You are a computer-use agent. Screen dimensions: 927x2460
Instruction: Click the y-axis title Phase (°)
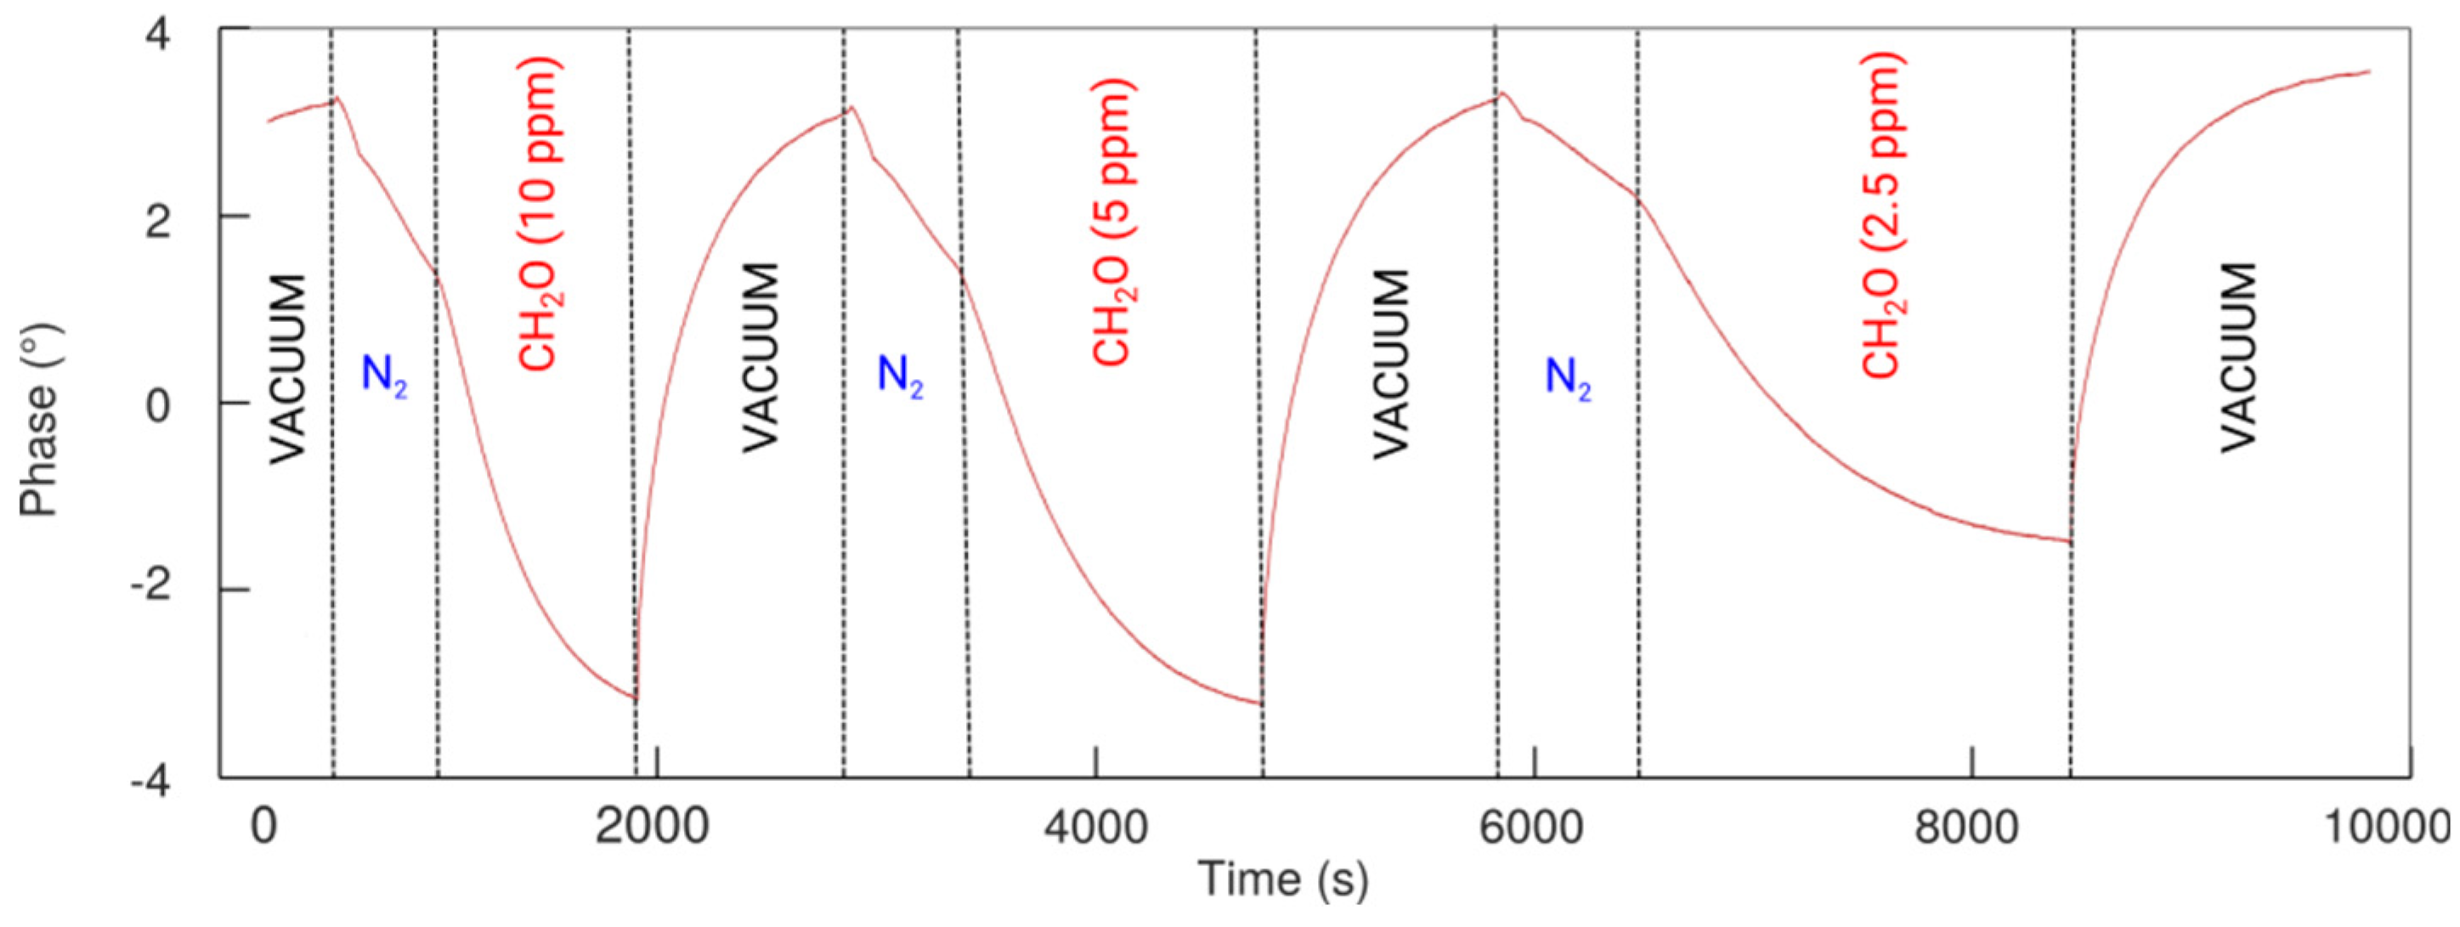[40, 420]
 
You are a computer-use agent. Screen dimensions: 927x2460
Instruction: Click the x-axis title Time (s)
[1282, 879]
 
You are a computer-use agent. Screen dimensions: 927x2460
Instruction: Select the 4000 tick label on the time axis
[1095, 826]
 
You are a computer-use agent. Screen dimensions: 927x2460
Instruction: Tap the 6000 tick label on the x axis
[1532, 826]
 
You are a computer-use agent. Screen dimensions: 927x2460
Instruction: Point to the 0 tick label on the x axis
[263, 826]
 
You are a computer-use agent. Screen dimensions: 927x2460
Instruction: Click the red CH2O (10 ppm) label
[539, 214]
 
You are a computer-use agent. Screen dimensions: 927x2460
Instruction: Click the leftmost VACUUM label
[286, 370]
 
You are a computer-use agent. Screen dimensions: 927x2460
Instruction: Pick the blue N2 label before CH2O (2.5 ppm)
[1569, 377]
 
